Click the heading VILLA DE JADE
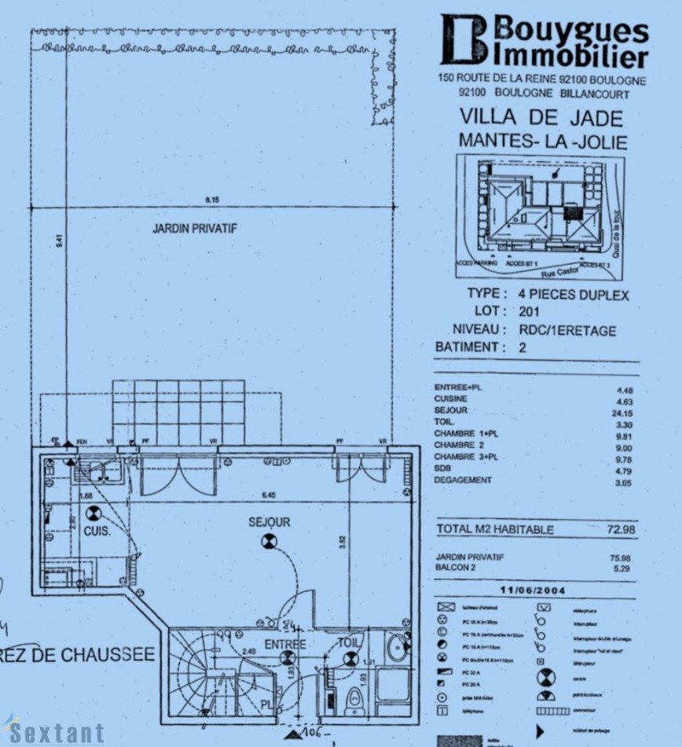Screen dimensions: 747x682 coord(541,119)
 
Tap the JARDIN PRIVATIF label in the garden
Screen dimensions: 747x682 coord(195,229)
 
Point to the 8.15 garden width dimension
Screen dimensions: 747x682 coord(212,201)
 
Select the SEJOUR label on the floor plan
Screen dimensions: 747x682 coord(269,521)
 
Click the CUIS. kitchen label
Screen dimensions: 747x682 coord(97,531)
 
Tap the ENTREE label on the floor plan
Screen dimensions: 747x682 coord(284,645)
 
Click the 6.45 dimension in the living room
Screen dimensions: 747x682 coord(269,496)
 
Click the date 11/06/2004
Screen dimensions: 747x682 coord(533,589)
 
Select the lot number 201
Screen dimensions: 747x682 coord(530,311)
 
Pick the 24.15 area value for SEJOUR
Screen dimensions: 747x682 coord(621,411)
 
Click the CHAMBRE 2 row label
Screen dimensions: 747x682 coord(461,445)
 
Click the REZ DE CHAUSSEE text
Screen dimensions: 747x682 coord(77,656)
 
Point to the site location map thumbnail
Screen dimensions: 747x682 coord(541,216)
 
